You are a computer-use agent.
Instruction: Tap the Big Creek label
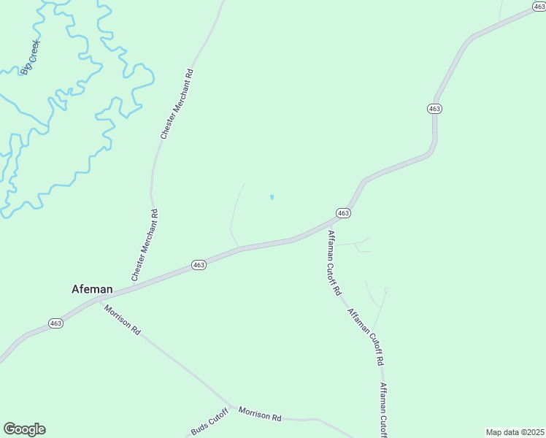31,57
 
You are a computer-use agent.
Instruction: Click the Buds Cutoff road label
209,423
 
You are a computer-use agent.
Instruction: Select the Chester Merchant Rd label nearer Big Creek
177,104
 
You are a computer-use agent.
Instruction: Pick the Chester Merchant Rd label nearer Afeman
145,245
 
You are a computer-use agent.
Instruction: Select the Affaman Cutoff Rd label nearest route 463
334,262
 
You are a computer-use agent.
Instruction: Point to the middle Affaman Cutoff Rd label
366,337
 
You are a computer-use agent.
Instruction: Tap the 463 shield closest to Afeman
56,323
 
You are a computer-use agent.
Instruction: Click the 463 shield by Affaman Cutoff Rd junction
344,212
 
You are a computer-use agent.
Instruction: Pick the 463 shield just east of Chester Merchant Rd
199,265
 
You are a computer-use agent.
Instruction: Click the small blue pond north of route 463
272,197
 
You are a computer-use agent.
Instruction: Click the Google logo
24,429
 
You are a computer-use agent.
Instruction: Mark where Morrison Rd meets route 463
98,299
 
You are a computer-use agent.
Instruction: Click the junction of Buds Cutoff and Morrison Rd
232,407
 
